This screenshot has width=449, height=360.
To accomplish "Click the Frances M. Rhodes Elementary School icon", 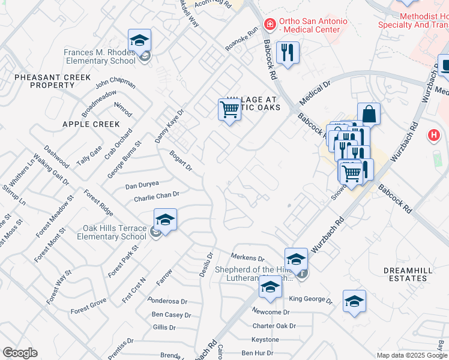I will pyautogui.click(x=140, y=41).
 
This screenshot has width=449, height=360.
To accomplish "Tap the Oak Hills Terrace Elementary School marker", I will pyautogui.click(x=165, y=220).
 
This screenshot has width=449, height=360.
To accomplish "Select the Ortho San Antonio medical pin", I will pyautogui.click(x=270, y=25).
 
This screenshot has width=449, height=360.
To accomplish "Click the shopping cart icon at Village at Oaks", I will pyautogui.click(x=229, y=109).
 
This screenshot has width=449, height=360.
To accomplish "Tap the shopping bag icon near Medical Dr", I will pyautogui.click(x=369, y=114).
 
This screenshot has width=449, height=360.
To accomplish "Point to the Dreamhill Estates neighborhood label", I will pyautogui.click(x=408, y=275).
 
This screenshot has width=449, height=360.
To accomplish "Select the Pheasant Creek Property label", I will pyautogui.click(x=52, y=81).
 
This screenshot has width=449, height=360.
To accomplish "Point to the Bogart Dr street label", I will pyautogui.click(x=180, y=160).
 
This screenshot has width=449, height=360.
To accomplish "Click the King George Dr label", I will pyautogui.click(x=310, y=299).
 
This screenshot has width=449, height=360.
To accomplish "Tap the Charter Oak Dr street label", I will pyautogui.click(x=274, y=326).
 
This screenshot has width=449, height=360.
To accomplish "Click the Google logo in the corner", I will pyautogui.click(x=20, y=353).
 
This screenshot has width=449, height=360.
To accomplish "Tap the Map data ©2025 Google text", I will pyautogui.click(x=412, y=355).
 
